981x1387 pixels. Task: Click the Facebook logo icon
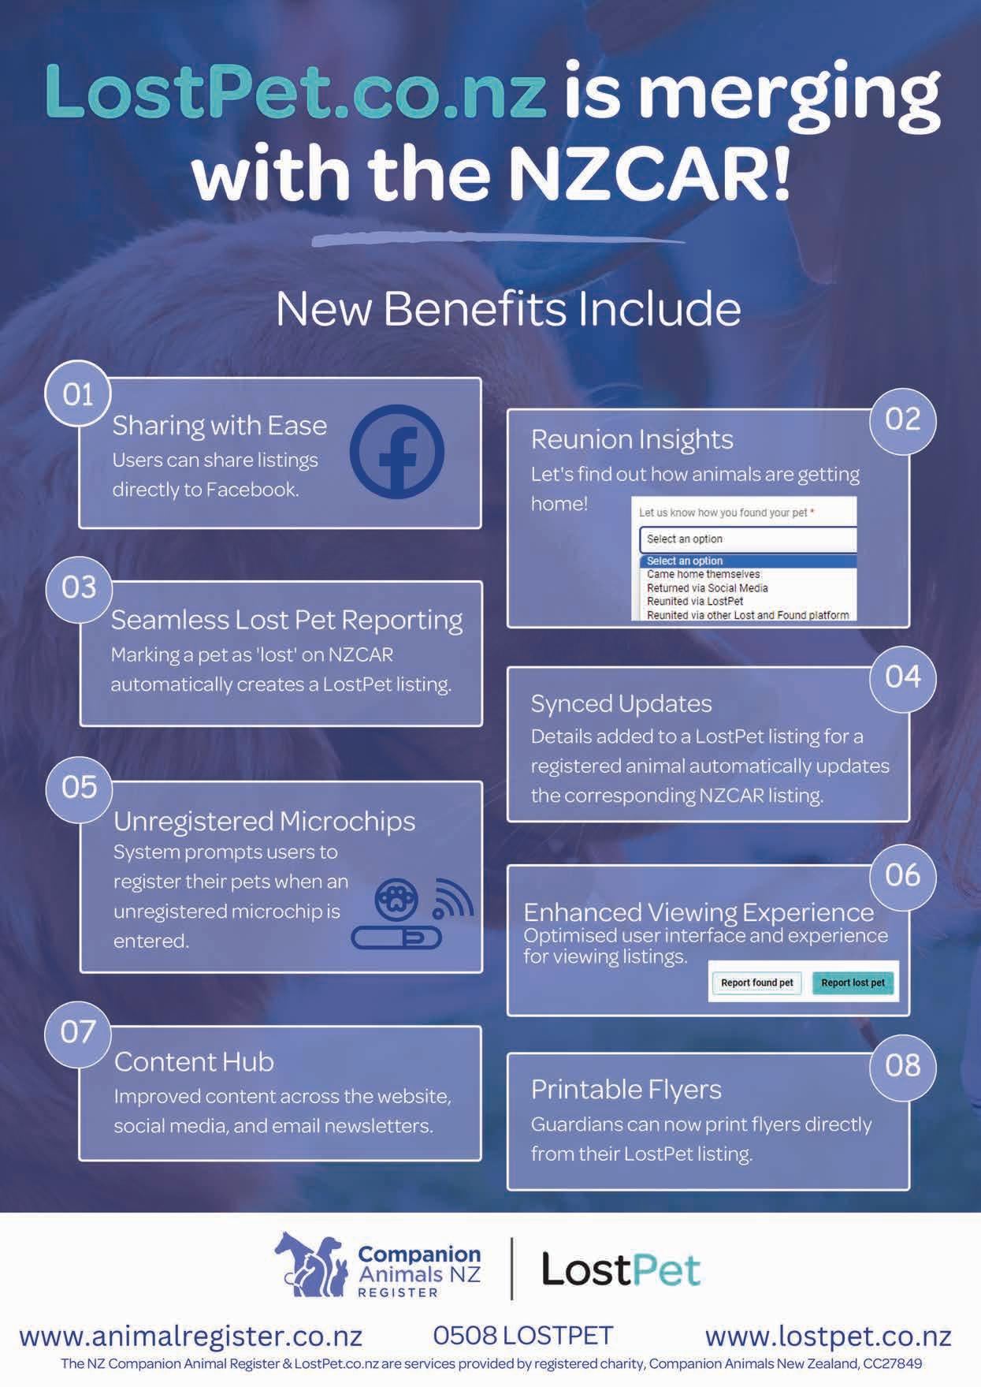(397, 452)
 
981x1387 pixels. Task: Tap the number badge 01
(78, 394)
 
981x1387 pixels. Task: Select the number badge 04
(902, 677)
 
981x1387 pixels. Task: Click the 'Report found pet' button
(756, 982)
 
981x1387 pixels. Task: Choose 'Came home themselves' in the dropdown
(703, 575)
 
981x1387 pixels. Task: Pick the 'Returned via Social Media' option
(707, 588)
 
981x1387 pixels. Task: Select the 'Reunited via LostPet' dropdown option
(695, 602)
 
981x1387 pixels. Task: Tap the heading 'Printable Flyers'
(626, 1090)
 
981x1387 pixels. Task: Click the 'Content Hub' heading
(194, 1062)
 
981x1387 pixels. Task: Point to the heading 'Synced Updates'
(621, 703)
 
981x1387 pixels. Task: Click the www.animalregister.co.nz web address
(191, 1336)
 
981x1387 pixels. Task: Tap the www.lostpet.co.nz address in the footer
(828, 1336)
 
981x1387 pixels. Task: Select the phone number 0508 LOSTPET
(522, 1335)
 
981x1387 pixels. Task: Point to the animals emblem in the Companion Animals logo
(311, 1266)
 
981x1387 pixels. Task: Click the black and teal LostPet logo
(620, 1270)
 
